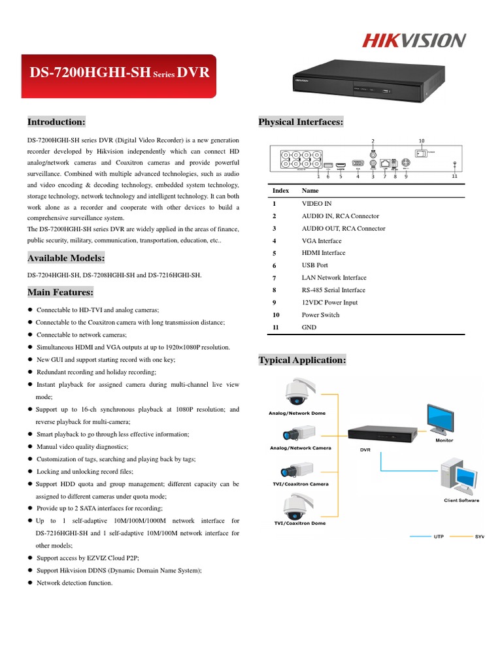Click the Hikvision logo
414,41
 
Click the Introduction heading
56,122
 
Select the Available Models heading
65,259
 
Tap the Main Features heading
60,292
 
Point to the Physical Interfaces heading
301,122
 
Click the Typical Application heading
302,360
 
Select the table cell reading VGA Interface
322,241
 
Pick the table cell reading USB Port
314,265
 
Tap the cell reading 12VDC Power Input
329,302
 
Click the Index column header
280,191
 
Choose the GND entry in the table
309,327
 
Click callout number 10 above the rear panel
422,140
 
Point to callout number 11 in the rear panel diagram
455,176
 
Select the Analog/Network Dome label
297,414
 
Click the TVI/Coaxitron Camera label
300,484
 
